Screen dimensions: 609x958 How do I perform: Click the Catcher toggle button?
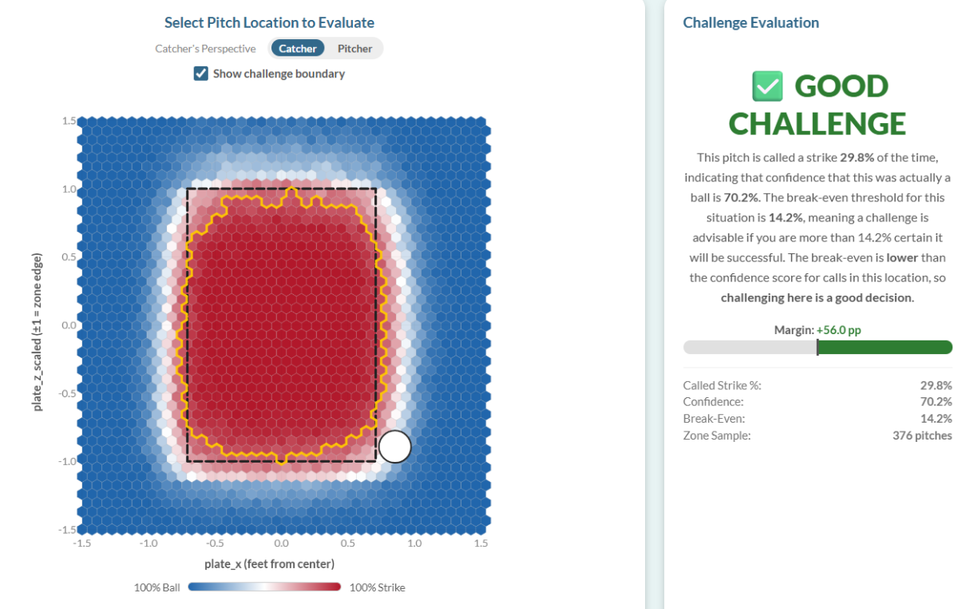pos(297,49)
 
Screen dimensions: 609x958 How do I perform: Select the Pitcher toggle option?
pos(354,49)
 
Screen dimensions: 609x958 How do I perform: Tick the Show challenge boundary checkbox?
pos(201,74)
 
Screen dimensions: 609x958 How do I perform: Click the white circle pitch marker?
pos(394,447)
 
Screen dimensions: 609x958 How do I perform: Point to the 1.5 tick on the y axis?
pos(68,121)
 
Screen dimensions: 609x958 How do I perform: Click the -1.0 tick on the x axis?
pos(148,543)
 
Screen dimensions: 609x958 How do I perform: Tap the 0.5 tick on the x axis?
pos(347,543)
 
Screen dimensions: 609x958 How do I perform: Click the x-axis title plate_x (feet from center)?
pos(269,564)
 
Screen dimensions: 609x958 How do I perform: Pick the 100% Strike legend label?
pos(377,587)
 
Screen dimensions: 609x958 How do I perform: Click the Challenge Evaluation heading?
pos(750,22)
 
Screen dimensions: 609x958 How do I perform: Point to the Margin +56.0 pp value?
pos(839,330)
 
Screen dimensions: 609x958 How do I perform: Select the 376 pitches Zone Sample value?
pos(922,436)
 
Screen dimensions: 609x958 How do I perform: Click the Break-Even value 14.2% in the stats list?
pos(936,419)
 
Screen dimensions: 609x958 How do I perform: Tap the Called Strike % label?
pos(722,385)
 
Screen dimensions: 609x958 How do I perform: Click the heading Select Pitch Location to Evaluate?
pos(269,22)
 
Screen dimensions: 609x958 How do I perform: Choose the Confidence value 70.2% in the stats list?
pos(936,402)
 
